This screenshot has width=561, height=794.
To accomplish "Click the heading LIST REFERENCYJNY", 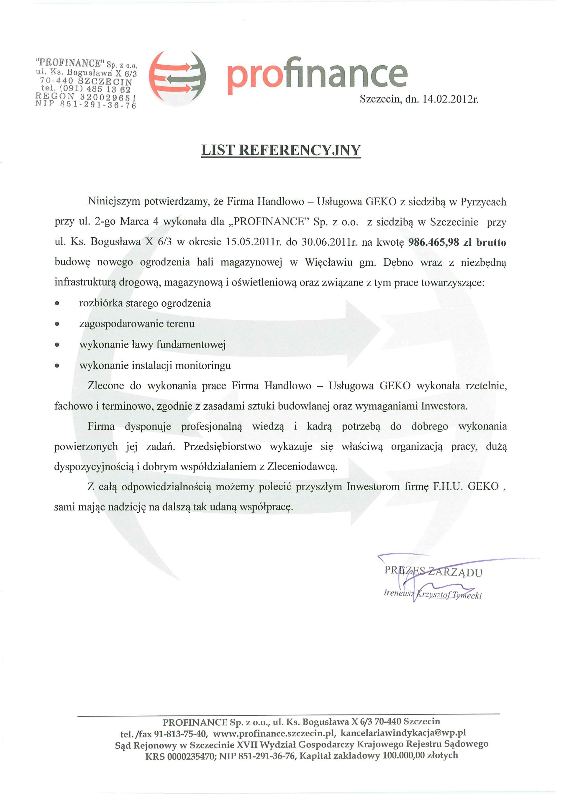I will [281, 151].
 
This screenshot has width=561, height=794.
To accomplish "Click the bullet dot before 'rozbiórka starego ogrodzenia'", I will [57, 304].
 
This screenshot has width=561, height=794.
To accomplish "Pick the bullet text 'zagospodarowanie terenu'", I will [137, 324].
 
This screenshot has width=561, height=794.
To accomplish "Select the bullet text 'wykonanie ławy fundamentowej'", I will [152, 345].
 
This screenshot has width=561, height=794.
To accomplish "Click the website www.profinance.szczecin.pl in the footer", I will [274, 733].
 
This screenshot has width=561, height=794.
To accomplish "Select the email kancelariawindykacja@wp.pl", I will [403, 733].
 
